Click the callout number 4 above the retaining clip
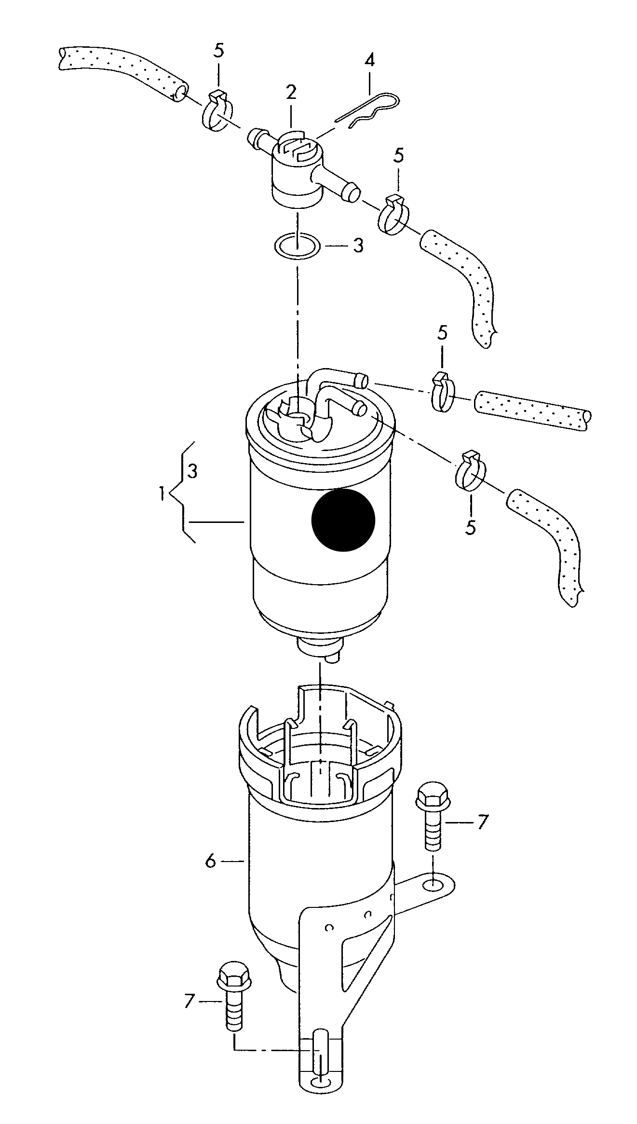click(369, 60)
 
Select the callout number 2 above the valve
click(291, 91)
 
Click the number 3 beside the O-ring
click(357, 246)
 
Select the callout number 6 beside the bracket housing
click(210, 861)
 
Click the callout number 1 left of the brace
click(163, 493)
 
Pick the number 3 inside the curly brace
click(192, 471)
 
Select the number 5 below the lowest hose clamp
click(470, 527)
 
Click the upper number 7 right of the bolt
click(482, 822)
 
